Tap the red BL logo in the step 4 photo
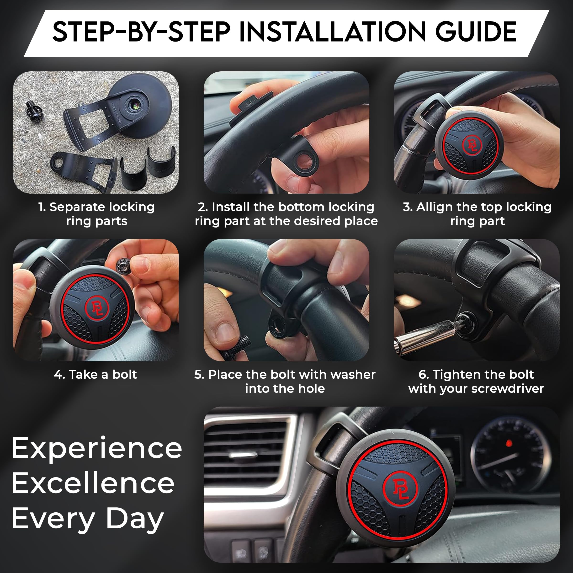tap(97, 308)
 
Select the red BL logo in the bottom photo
tap(400, 488)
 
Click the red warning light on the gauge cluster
tap(509, 443)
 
